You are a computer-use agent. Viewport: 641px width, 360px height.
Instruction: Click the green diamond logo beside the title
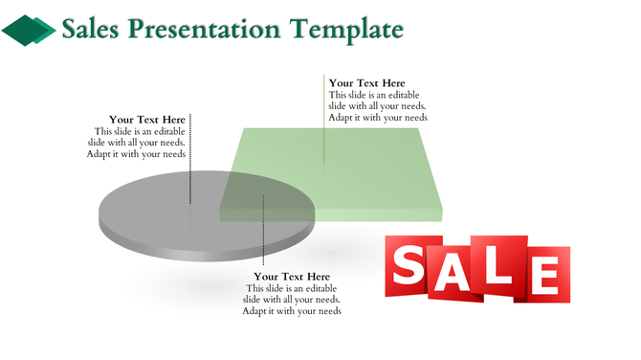click(29, 31)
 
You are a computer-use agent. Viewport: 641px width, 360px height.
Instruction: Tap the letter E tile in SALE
click(546, 274)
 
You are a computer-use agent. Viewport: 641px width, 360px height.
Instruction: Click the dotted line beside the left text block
click(190, 158)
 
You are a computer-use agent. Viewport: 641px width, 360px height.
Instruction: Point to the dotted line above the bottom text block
click(263, 230)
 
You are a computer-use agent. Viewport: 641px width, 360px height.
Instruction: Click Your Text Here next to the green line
click(366, 83)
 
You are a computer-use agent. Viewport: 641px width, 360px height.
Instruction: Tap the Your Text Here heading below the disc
click(292, 277)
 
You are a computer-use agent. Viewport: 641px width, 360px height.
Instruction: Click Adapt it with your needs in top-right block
click(378, 118)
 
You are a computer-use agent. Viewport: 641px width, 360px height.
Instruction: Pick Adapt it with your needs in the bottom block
click(292, 311)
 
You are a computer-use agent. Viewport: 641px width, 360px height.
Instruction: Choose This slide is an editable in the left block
click(139, 131)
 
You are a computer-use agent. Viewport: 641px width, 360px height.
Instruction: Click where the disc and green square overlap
click(268, 196)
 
